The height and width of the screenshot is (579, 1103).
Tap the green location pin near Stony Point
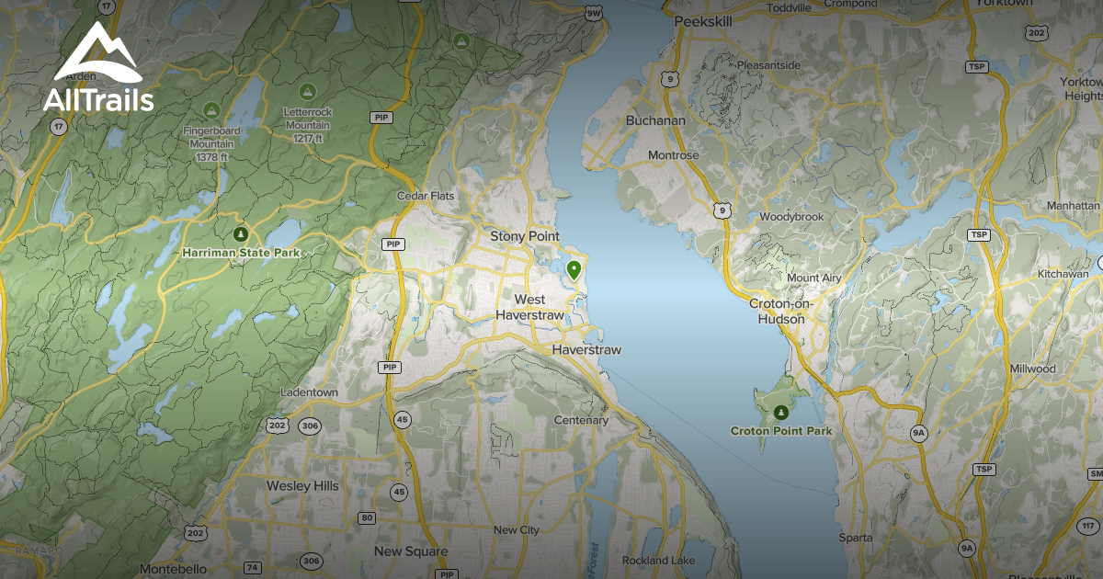click(x=574, y=270)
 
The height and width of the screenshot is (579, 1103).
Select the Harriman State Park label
click(x=241, y=251)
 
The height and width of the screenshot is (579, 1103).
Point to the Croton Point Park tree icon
click(x=780, y=413)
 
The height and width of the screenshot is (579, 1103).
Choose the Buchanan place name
click(x=655, y=120)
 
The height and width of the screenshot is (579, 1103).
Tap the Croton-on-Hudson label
click(x=781, y=311)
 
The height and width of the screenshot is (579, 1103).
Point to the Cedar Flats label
click(x=426, y=196)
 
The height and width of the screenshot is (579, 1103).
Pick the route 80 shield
click(x=367, y=517)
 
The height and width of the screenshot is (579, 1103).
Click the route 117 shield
click(x=1087, y=526)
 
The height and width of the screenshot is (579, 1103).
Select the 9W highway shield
click(x=592, y=14)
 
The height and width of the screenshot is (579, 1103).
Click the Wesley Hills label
click(x=302, y=485)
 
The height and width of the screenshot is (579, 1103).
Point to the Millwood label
click(x=1032, y=369)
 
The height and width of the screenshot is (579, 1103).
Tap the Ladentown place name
click(x=309, y=392)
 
